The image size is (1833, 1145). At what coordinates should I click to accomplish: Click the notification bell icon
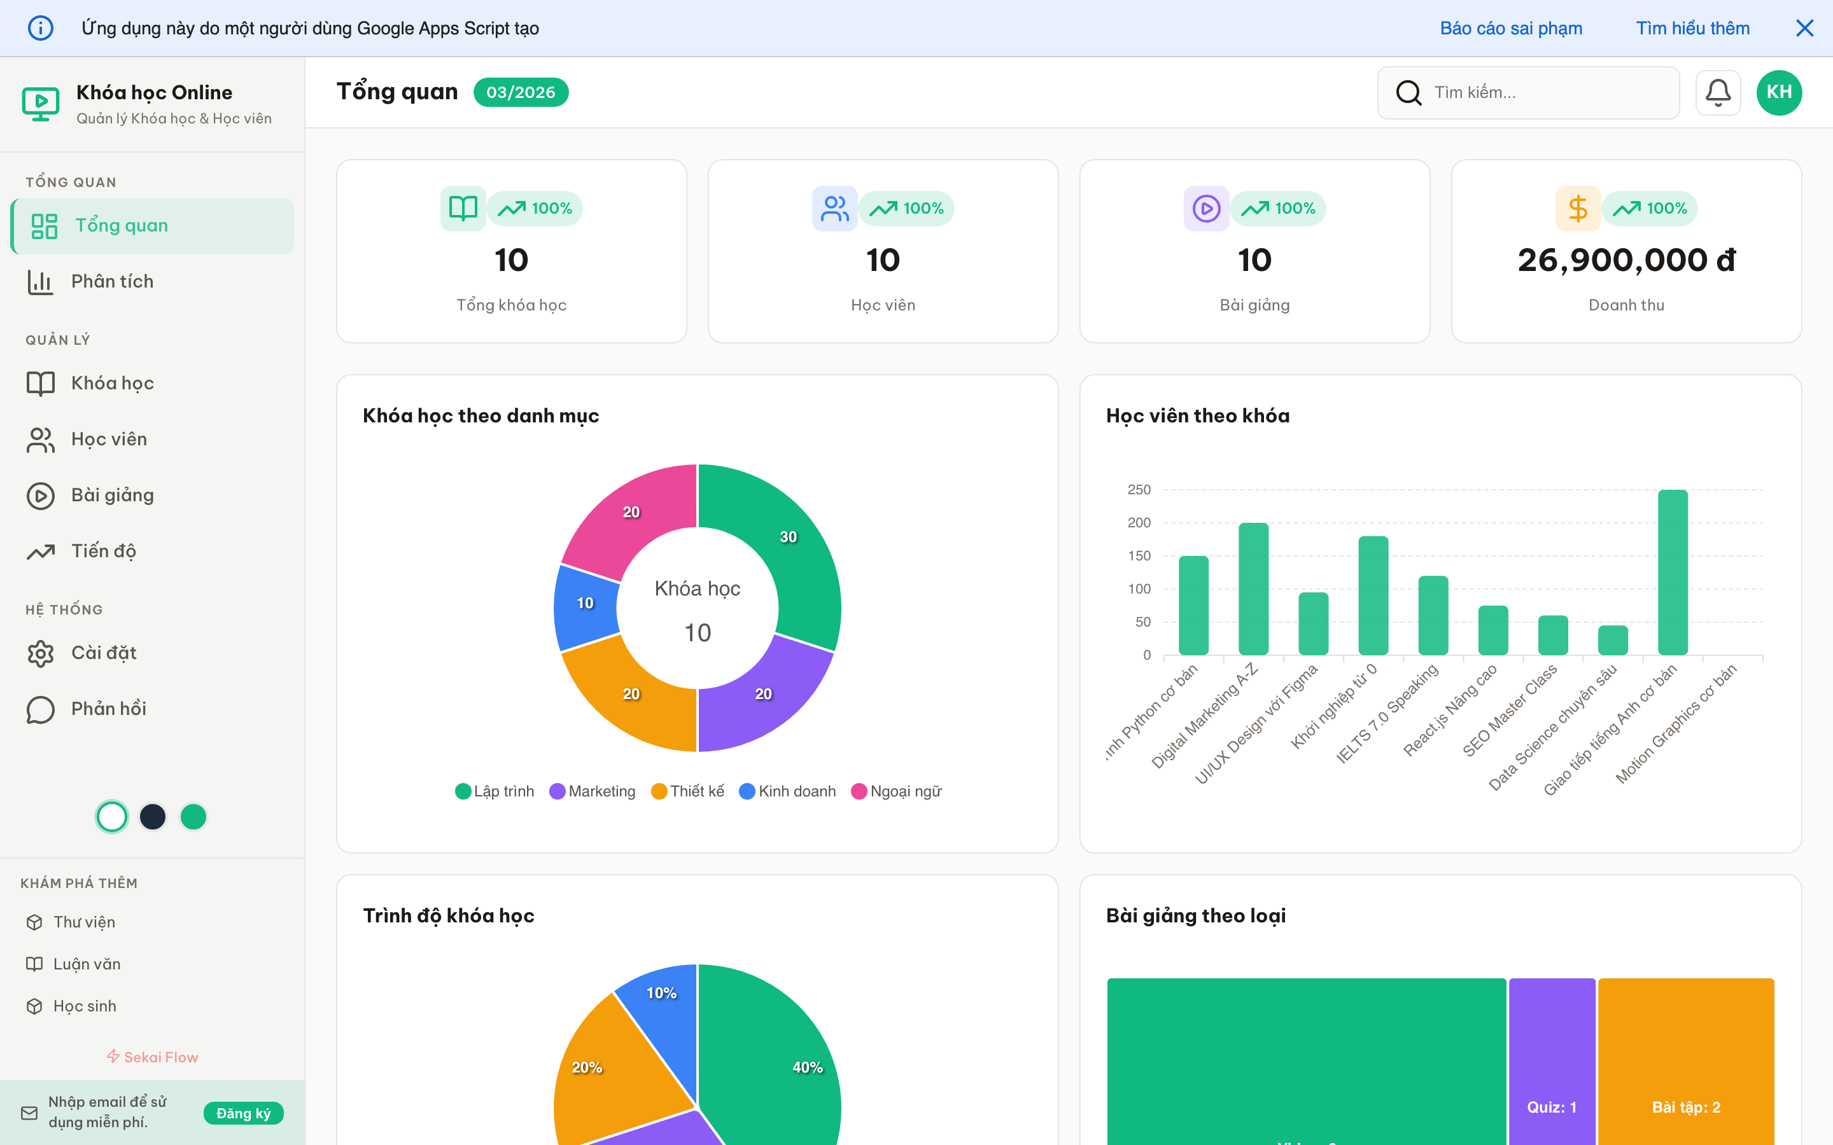coord(1717,92)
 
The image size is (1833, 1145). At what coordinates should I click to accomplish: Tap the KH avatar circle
coord(1778,92)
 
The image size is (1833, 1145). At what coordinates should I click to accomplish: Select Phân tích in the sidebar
coord(112,282)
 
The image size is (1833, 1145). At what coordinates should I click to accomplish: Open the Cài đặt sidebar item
coord(104,653)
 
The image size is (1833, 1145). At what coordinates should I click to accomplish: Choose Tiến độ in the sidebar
coord(104,552)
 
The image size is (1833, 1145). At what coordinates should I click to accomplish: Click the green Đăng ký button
coord(243,1113)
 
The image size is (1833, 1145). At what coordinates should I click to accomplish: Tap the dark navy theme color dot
coord(153,816)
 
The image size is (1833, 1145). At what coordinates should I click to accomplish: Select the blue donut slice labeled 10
coord(585,606)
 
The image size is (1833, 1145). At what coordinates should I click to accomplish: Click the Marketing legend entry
coord(593,791)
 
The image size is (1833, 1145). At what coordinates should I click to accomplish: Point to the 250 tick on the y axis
coord(1139,490)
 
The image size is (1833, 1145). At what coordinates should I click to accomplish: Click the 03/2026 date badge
coord(521,92)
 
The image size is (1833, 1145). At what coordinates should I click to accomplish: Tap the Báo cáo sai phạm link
coord(1510,29)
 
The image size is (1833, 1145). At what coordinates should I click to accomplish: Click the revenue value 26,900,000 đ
coord(1626,261)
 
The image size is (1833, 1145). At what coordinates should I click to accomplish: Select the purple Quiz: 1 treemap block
coord(1551,1060)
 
